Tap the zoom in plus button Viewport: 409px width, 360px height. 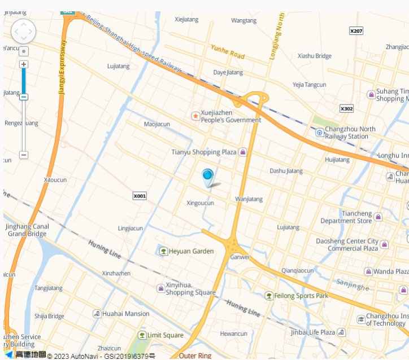click(24, 64)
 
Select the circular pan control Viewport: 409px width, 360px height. click(24, 32)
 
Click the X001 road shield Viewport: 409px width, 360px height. click(140, 196)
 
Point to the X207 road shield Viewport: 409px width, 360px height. click(356, 31)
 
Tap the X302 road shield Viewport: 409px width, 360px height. click(346, 108)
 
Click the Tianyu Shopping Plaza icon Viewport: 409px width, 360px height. click(243, 152)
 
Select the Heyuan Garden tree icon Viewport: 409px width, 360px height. click(163, 251)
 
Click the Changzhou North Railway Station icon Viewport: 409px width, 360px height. click(320, 133)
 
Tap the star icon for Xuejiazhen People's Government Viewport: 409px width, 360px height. click(195, 116)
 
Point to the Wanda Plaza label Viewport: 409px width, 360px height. click(390, 271)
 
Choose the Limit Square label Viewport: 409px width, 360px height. click(165, 335)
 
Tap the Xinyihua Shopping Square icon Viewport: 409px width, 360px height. click(160, 288)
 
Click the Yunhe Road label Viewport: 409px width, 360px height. click(228, 52)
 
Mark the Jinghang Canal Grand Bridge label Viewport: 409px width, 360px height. click(27, 230)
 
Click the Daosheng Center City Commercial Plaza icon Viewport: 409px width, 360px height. click(385, 245)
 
